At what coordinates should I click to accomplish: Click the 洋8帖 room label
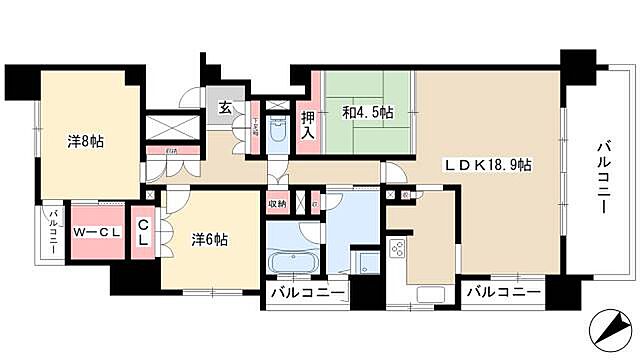pos(86,141)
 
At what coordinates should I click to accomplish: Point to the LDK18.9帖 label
pos(487,164)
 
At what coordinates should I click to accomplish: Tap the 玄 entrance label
pos(225,107)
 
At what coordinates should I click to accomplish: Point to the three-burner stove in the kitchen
pos(396,251)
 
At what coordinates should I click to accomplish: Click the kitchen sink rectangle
pos(430,296)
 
